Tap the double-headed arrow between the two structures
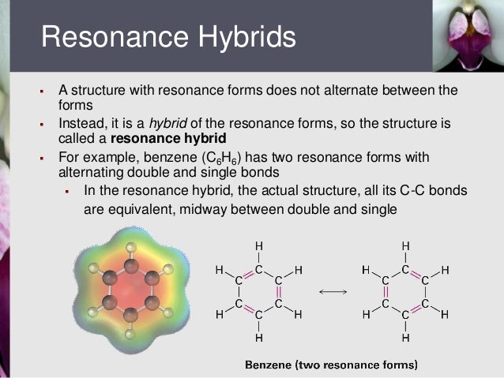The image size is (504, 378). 332,292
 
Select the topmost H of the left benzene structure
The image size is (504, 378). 258,245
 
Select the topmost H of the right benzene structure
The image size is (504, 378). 405,245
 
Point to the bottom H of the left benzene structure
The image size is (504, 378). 258,339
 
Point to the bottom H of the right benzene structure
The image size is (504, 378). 405,339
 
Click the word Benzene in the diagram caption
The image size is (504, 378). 271,365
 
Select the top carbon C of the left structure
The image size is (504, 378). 258,269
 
